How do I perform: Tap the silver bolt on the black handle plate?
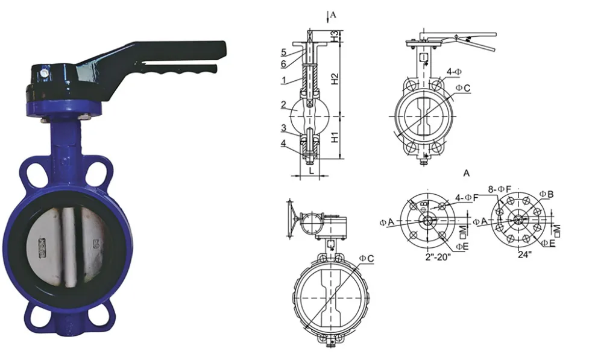45,74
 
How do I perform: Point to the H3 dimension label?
336,37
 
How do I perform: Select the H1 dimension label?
336,137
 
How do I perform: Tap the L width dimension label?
311,171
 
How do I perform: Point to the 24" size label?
524,255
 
